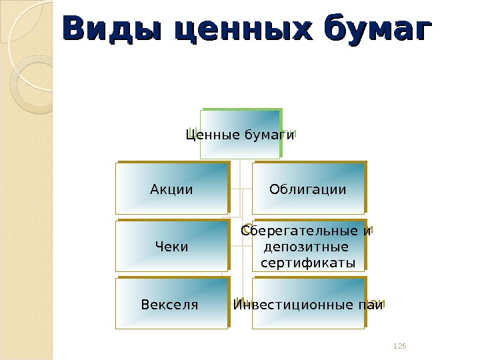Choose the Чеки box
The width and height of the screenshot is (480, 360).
(x=171, y=247)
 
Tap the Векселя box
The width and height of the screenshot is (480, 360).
(x=170, y=305)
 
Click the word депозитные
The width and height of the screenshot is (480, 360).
(x=308, y=247)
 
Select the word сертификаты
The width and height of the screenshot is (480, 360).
(x=308, y=262)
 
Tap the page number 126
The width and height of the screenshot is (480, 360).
(x=400, y=346)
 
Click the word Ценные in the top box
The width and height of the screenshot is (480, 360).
(x=208, y=135)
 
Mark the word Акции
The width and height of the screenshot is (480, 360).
(x=171, y=189)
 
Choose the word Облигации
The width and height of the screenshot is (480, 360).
(x=308, y=189)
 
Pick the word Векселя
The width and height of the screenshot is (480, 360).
(x=170, y=305)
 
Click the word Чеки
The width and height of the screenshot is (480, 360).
(x=171, y=247)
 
